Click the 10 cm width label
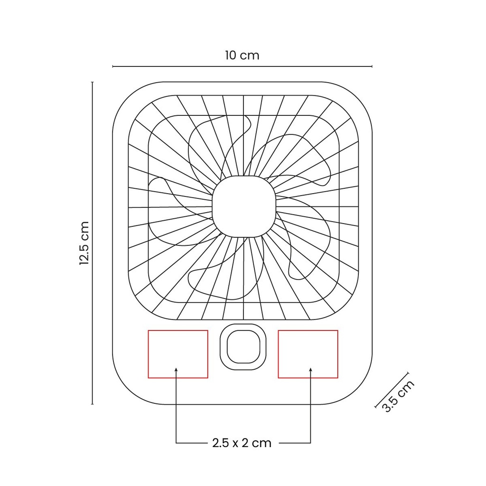(242, 56)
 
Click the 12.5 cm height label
(84, 243)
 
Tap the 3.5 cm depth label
(398, 396)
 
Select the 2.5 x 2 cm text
(242, 443)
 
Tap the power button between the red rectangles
(243, 347)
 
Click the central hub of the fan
(244, 206)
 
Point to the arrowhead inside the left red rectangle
(176, 369)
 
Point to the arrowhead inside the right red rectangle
(310, 369)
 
